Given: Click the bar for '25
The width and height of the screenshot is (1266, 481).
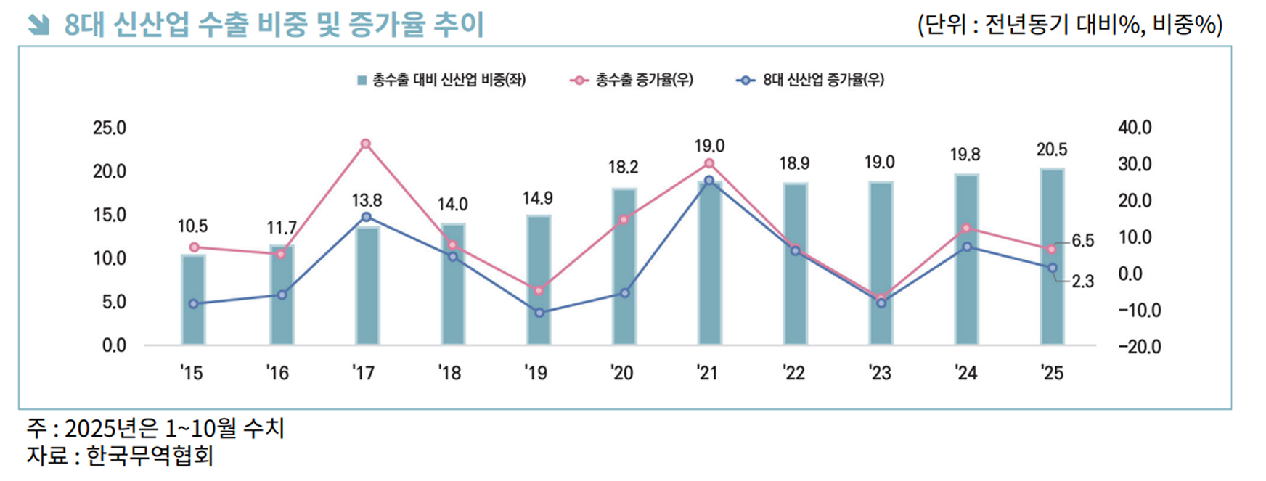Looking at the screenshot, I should point(1052,257).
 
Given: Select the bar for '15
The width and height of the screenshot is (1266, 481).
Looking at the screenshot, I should point(193,300).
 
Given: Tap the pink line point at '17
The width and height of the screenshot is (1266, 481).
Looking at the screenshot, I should point(366,144).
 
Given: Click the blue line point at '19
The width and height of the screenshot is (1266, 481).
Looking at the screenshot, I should point(539,313).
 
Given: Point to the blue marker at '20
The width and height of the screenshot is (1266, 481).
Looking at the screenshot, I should point(624,293).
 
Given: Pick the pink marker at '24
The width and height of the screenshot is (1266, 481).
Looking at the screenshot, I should point(966,228).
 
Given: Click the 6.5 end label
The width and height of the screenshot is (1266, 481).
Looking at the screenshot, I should point(1082,242).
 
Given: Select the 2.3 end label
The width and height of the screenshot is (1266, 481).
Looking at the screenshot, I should point(1082,281).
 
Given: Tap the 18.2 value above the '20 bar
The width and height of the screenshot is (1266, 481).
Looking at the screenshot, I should point(623,168).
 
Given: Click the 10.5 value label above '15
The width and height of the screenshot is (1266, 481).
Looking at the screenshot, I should point(192,226).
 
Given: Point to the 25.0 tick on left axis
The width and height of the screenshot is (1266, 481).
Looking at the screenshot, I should point(109,128).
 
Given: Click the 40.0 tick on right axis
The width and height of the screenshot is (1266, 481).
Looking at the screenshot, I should point(1135,128).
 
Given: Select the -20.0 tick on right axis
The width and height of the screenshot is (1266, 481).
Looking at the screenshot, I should point(1139,347).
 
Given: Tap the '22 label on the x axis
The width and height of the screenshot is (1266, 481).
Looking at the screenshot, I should point(794,373).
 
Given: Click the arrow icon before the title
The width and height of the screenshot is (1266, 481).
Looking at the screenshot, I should point(38,25).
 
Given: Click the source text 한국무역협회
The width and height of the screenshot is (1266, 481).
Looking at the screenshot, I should point(150,456).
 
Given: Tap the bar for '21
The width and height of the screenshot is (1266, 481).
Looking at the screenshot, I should point(709,263).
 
